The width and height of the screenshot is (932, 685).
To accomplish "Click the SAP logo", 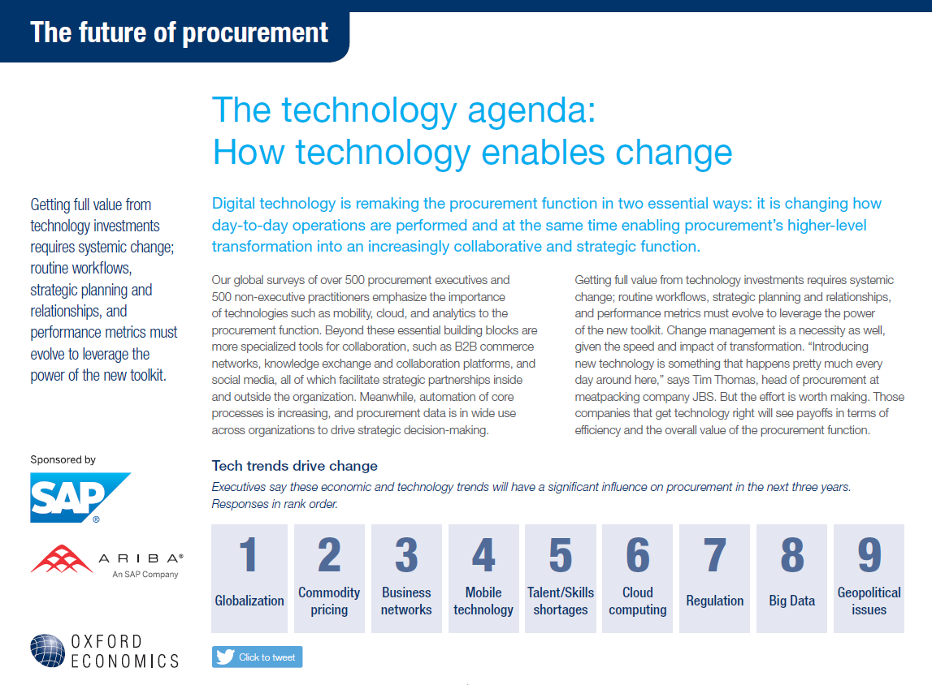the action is click(x=80, y=498).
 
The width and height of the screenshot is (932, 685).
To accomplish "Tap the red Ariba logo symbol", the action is click(x=61, y=558).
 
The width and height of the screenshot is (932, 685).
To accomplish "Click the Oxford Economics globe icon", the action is click(x=48, y=651).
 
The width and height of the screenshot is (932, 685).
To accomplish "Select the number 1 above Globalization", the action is click(x=249, y=554).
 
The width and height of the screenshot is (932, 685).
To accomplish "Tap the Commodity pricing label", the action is click(x=329, y=601).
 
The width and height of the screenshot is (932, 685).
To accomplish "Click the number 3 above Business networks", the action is click(x=406, y=554).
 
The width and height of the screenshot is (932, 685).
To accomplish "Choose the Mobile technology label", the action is click(x=483, y=601).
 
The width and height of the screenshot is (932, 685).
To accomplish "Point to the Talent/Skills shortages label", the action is click(x=561, y=601).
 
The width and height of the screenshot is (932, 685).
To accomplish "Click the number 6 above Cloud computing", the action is click(x=638, y=554).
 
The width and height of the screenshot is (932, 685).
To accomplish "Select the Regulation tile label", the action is click(x=714, y=601).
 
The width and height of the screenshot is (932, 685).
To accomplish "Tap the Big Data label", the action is click(x=791, y=601).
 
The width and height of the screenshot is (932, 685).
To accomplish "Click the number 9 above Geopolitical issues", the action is click(x=869, y=554).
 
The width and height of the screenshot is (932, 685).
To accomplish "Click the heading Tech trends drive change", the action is click(x=295, y=466).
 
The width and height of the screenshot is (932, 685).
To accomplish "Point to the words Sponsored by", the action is click(x=63, y=459).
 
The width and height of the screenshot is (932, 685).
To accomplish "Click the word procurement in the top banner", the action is click(x=255, y=32).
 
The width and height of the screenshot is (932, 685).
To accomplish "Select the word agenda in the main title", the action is click(x=531, y=111).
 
